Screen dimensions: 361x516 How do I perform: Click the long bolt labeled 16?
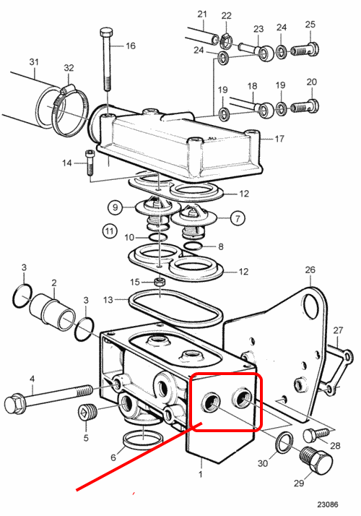coord(107,59)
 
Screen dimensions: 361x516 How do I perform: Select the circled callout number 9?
coord(115,207)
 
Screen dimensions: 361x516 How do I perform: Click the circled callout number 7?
coord(238,218)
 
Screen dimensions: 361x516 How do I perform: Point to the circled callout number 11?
coord(110,231)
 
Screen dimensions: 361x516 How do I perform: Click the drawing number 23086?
coord(328,504)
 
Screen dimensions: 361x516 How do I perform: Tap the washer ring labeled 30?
coord(284,443)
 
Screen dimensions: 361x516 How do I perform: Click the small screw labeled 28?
coord(316,434)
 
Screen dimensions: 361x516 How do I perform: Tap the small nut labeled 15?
coord(160,282)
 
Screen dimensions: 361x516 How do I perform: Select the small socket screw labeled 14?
coord(90,163)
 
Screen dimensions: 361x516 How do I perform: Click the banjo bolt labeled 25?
coord(305,49)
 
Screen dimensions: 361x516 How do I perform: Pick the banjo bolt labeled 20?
coord(305,106)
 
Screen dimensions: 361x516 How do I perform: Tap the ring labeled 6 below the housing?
coord(144,438)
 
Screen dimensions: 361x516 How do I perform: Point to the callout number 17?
coord(279,139)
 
